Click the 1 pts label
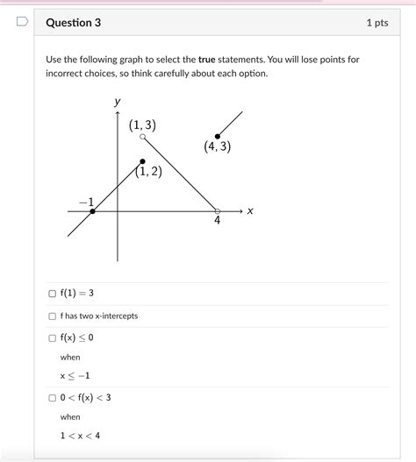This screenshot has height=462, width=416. tap(377, 23)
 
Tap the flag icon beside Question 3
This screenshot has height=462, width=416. tap(23, 21)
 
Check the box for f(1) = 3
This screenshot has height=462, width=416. tap(53, 294)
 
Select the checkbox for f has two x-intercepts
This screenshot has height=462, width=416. tap(53, 316)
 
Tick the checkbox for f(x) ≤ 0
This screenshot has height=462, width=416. tap(53, 338)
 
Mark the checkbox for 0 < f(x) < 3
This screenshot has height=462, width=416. tap(53, 397)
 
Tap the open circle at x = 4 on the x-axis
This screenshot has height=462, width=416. tap(218, 210)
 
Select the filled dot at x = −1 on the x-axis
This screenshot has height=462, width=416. tap(92, 211)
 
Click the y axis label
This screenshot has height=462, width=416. tap(118, 103)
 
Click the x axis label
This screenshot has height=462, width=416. tap(250, 210)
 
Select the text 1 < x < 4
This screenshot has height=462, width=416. tap(80, 436)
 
